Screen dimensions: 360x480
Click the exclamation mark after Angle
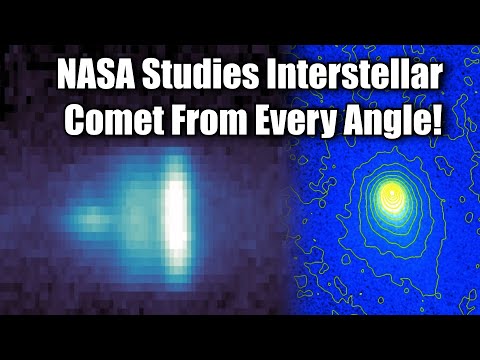click(x=440, y=124)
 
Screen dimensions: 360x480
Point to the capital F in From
click(x=178, y=126)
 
